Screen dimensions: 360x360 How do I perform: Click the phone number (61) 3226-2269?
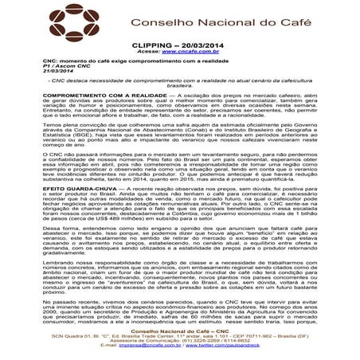pos(178,342)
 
